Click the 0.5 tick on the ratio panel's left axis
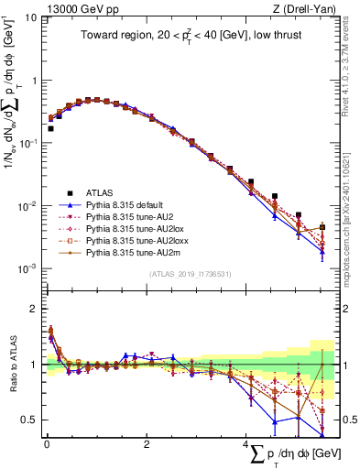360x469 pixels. point(28,420)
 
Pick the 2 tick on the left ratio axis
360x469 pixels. point(33,308)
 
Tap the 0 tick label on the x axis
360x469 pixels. point(46,445)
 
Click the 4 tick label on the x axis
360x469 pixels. point(245,445)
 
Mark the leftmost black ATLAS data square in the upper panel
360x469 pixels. point(50,129)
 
